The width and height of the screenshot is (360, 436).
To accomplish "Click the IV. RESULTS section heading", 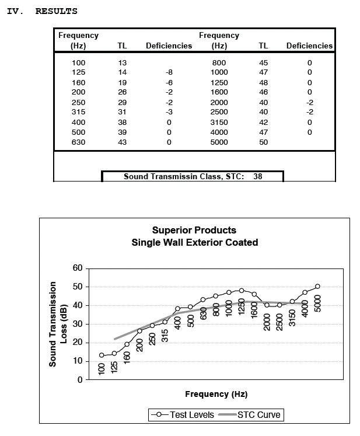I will (41, 11).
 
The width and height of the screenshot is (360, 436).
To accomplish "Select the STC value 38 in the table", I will (257, 176).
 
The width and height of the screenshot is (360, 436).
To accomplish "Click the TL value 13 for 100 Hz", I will (122, 62).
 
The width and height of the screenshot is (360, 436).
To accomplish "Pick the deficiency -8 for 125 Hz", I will (169, 72).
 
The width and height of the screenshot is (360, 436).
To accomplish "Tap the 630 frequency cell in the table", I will (78, 142).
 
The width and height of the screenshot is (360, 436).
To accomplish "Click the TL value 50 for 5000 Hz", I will (263, 142).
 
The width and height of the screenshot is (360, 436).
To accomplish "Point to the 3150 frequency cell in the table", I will (219, 122).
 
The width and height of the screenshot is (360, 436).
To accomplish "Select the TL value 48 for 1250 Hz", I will (263, 82).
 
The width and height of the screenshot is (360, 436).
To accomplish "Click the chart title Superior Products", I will (194, 230).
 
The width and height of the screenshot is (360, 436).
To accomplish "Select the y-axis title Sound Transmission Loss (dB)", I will (57, 324).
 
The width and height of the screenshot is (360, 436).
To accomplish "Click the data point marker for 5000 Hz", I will (318, 287).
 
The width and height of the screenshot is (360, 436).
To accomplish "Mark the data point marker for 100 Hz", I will (102, 355).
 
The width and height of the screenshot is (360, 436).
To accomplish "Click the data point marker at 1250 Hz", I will (242, 290).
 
